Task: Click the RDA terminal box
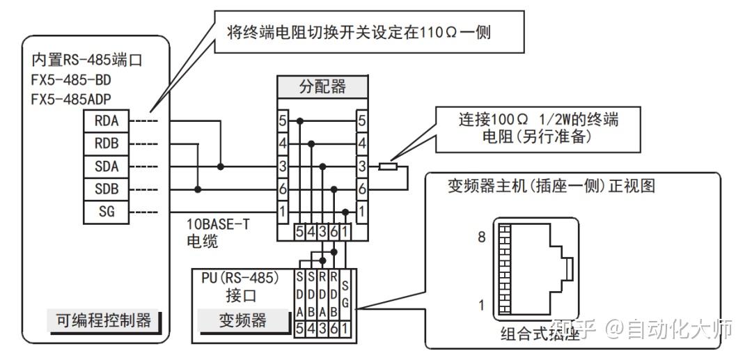pyautogui.click(x=107, y=121)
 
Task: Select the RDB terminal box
pyautogui.click(x=107, y=144)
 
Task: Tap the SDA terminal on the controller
pyautogui.click(x=107, y=166)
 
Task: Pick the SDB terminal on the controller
pyautogui.click(x=107, y=189)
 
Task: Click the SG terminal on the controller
pyautogui.click(x=107, y=212)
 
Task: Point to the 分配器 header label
pyautogui.click(x=322, y=88)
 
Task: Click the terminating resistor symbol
pyautogui.click(x=388, y=167)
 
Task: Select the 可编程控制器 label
pyautogui.click(x=104, y=320)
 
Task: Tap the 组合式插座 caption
pyautogui.click(x=540, y=334)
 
